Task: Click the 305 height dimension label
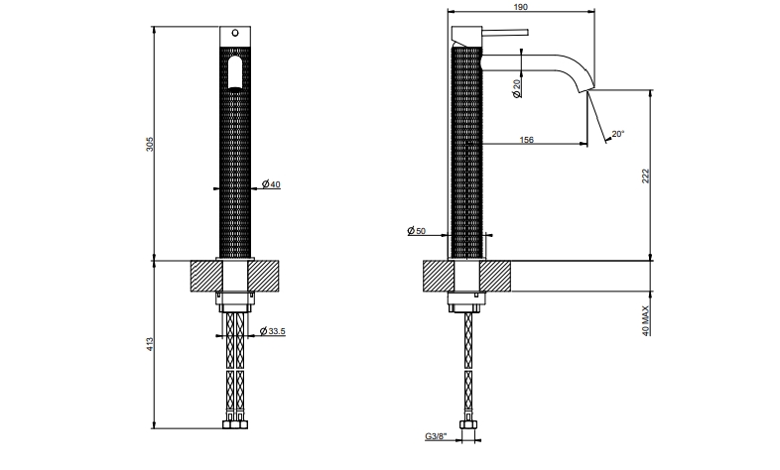(x=150, y=144)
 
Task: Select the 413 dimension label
(x=150, y=344)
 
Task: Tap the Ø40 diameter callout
(x=271, y=184)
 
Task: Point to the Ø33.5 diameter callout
(x=273, y=331)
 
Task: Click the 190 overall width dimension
(x=520, y=7)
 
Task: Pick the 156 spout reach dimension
(x=526, y=140)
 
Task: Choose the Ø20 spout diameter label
(x=516, y=88)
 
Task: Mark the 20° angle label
(x=618, y=134)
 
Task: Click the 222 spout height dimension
(x=646, y=176)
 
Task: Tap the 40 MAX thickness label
(x=646, y=321)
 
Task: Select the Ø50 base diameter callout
(x=417, y=230)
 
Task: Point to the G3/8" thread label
(x=436, y=436)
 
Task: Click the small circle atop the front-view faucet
(x=235, y=34)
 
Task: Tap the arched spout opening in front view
(x=235, y=73)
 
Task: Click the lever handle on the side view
(x=505, y=33)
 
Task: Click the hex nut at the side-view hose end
(x=468, y=425)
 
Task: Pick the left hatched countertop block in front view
(x=206, y=277)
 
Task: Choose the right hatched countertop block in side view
(x=495, y=277)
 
